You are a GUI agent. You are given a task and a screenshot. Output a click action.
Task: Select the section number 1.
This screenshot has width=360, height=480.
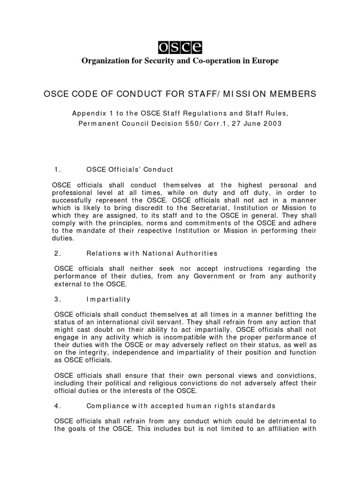pyautogui.click(x=58, y=169)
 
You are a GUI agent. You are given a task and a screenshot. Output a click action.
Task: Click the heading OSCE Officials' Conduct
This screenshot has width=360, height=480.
pyautogui.click(x=130, y=169)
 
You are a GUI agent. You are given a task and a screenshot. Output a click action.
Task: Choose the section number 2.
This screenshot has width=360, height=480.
pyautogui.click(x=58, y=253)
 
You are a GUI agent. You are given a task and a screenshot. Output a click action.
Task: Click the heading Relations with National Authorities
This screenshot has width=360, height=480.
pyautogui.click(x=152, y=253)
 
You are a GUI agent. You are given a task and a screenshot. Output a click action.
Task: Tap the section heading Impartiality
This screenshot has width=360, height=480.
pyautogui.click(x=109, y=299)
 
